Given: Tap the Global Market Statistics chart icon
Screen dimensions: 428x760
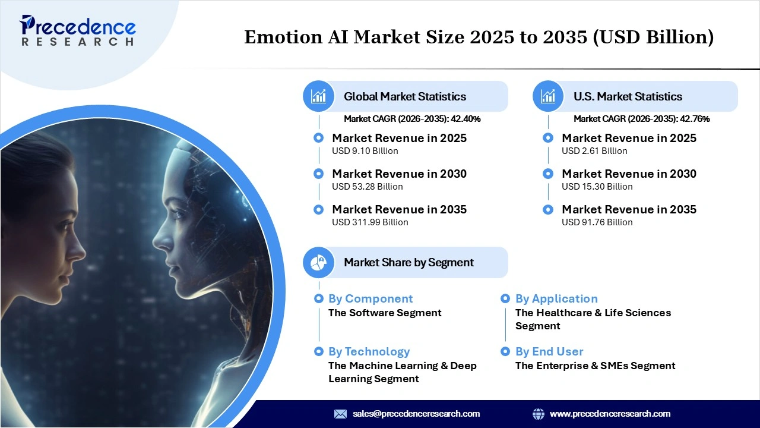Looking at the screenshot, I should [x=319, y=96].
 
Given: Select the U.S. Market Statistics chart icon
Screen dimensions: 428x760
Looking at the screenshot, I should [x=548, y=96].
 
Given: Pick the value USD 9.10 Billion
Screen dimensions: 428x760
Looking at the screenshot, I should [x=365, y=151].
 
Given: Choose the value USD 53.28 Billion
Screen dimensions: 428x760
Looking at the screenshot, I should [x=367, y=187].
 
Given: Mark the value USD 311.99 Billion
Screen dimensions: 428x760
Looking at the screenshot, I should [x=370, y=222].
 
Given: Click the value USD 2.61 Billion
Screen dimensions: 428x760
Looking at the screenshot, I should [x=594, y=151].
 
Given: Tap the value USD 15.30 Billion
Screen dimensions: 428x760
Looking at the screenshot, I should [x=597, y=187].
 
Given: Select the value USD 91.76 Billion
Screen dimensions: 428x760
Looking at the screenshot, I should [x=597, y=222].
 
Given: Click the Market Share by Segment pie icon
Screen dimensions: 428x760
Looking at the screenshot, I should [x=319, y=262].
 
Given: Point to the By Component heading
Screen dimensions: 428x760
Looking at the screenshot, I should [x=370, y=298].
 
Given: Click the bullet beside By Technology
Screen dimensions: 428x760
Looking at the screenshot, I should [x=319, y=351].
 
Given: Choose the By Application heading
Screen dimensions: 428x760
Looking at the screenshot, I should [x=556, y=298].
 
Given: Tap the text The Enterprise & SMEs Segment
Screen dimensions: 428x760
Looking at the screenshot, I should [x=595, y=366].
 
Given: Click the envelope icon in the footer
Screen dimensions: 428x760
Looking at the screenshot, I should [x=340, y=414].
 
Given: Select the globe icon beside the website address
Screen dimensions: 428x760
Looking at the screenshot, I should [x=539, y=414].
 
